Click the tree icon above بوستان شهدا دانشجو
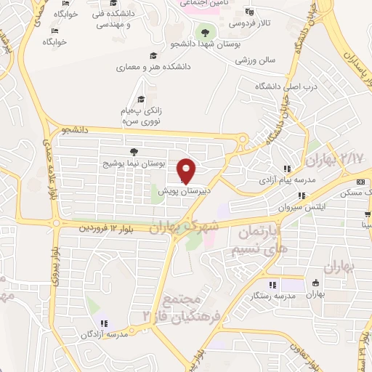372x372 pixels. tap(206, 31)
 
